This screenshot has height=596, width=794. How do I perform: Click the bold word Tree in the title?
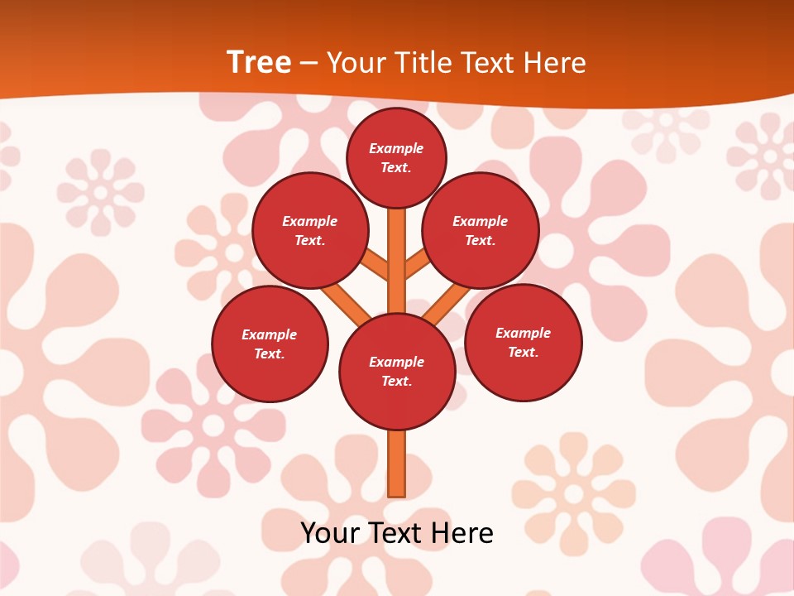pyautogui.click(x=259, y=62)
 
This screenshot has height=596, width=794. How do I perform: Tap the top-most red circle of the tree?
pyautogui.click(x=396, y=157)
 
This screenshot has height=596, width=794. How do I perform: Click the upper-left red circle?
pyautogui.click(x=309, y=231)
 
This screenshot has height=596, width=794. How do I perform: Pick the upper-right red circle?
pyautogui.click(x=481, y=231)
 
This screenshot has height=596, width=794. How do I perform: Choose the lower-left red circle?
pyautogui.click(x=270, y=344)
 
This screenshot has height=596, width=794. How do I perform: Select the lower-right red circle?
pyautogui.click(x=524, y=342)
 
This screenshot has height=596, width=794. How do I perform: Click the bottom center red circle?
pyautogui.click(x=397, y=372)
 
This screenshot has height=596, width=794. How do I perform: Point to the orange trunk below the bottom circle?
pyautogui.click(x=397, y=463)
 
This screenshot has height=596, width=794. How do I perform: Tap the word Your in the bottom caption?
pyautogui.click(x=330, y=533)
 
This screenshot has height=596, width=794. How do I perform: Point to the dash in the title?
pyautogui.click(x=309, y=64)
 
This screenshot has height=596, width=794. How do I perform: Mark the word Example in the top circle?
pyautogui.click(x=396, y=148)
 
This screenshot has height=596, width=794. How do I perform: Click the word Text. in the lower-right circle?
pyautogui.click(x=523, y=352)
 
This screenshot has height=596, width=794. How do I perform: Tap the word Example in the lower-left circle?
pyautogui.click(x=270, y=334)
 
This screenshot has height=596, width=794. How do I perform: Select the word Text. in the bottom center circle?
pyautogui.click(x=396, y=381)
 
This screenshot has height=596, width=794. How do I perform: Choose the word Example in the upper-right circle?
pyautogui.click(x=481, y=221)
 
